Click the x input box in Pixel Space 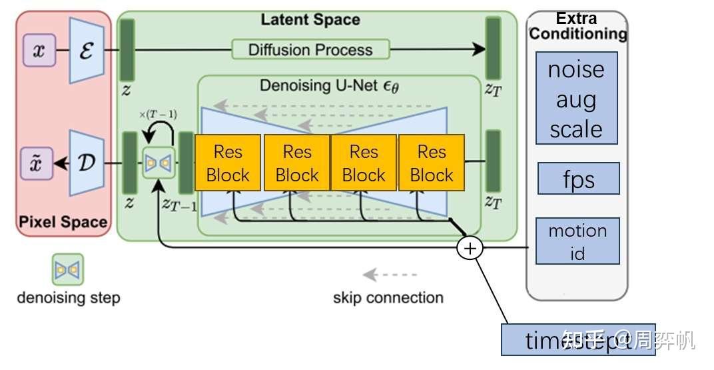point(39,51)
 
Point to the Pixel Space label point(63,222)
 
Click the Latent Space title point(310,19)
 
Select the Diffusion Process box point(310,49)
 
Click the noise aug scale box point(577,99)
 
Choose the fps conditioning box point(578,179)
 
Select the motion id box point(577,241)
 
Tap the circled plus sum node point(470,248)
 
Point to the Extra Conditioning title point(577,25)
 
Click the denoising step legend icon point(68,269)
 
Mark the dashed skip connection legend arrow point(390,274)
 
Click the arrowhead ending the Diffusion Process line point(480,49)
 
